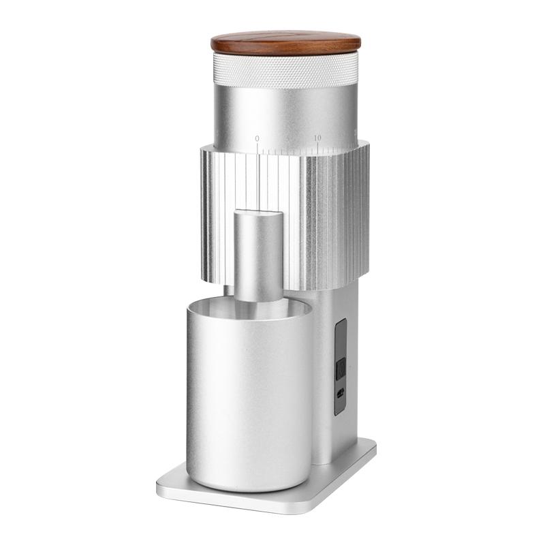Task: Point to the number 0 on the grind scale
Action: pos(257,138)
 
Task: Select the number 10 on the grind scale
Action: pos(317,138)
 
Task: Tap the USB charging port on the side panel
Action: pos(340,394)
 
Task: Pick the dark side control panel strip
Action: pos(341,367)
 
